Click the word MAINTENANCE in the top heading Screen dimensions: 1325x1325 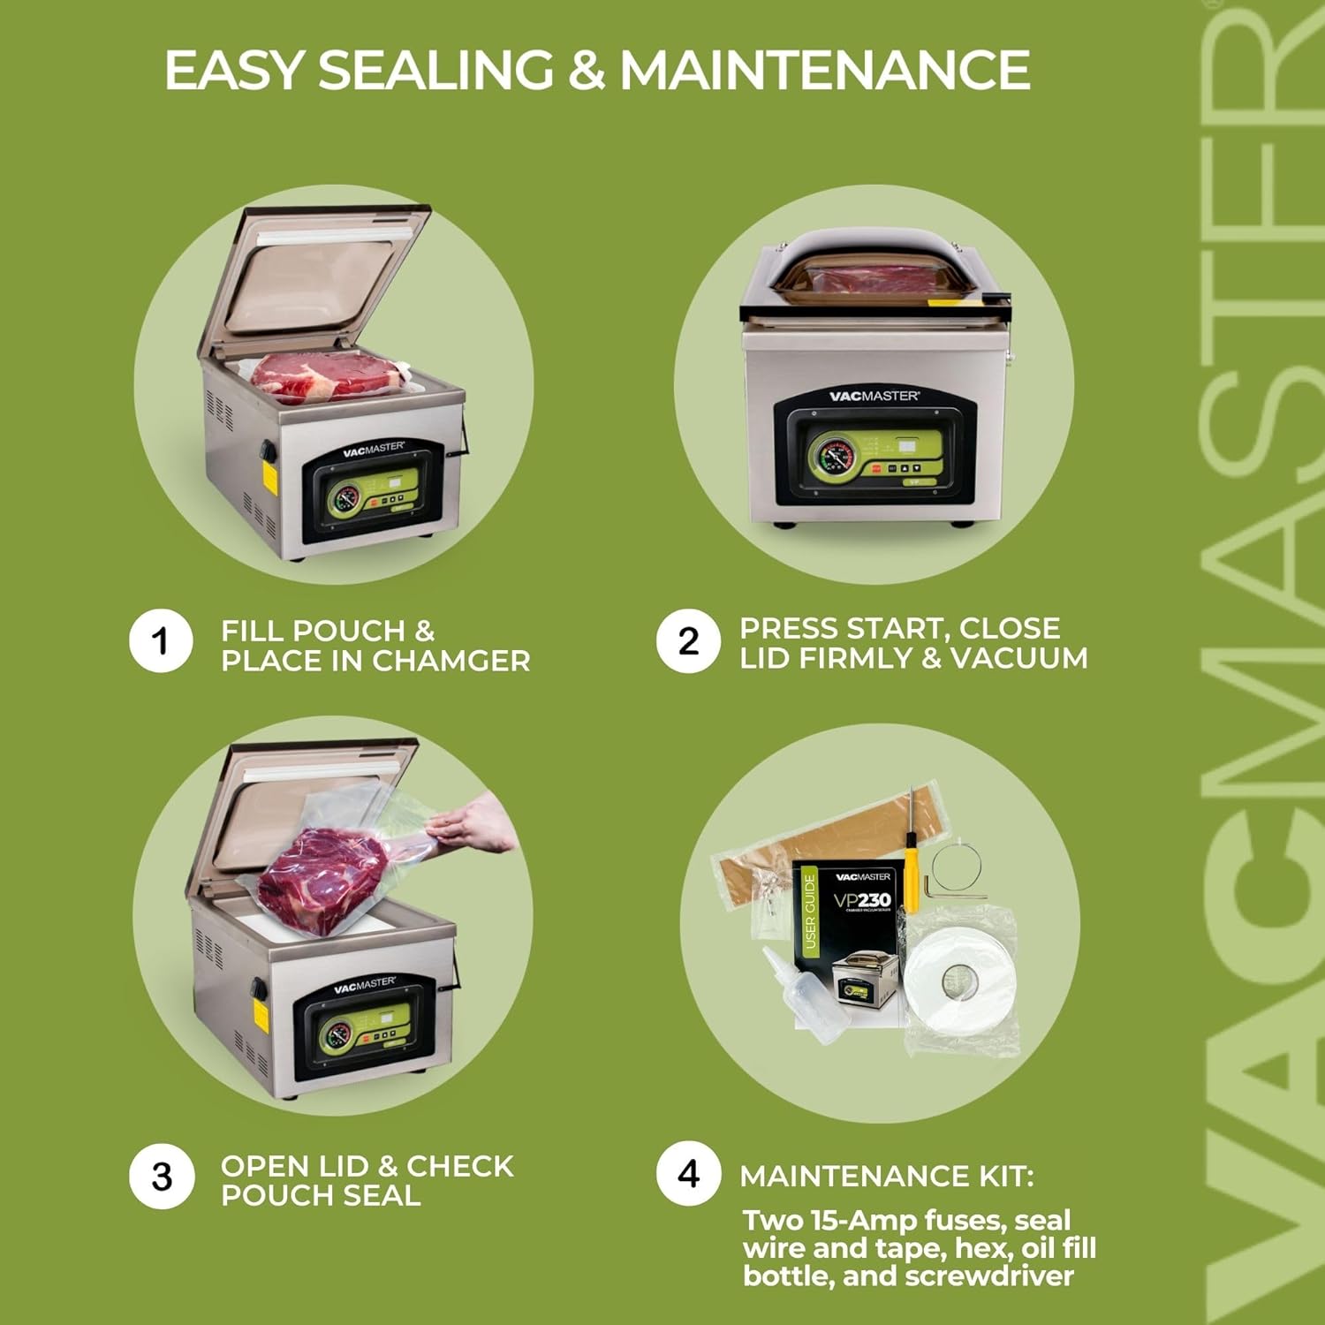coord(825,71)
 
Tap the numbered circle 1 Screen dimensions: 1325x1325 coord(160,640)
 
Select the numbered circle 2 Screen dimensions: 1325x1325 coord(688,640)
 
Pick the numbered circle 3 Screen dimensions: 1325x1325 coord(161,1177)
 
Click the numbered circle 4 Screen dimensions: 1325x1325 coord(688,1174)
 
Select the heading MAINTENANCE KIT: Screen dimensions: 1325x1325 coord(886,1177)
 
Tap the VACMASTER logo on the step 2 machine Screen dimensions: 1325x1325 coord(874,396)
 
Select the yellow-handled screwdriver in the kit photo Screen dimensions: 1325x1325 coord(911,848)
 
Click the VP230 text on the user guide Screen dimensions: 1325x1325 coord(861,901)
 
